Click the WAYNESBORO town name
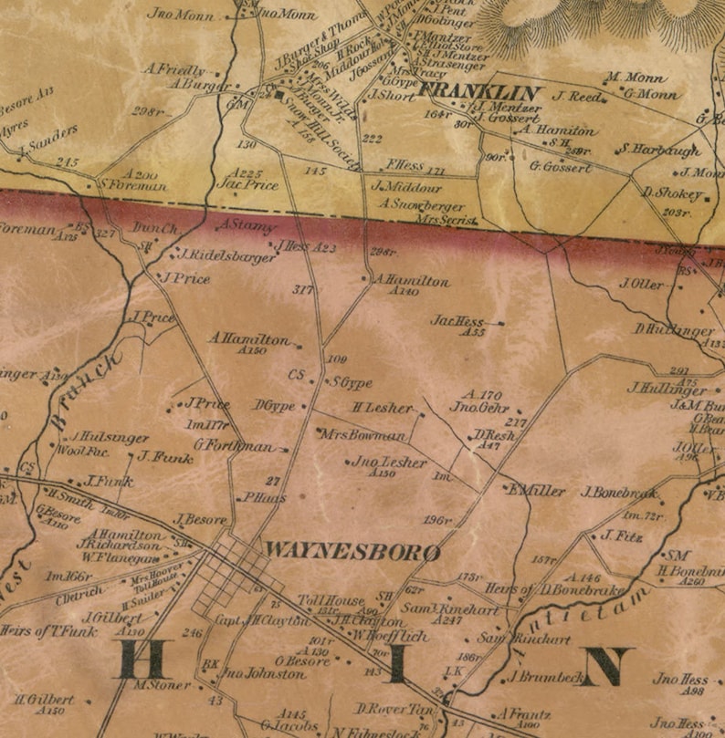(352, 553)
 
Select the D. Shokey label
(672, 192)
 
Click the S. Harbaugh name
(660, 150)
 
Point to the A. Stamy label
(246, 225)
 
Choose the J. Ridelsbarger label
(228, 257)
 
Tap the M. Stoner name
(161, 684)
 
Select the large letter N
(604, 667)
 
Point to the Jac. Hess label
(457, 321)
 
